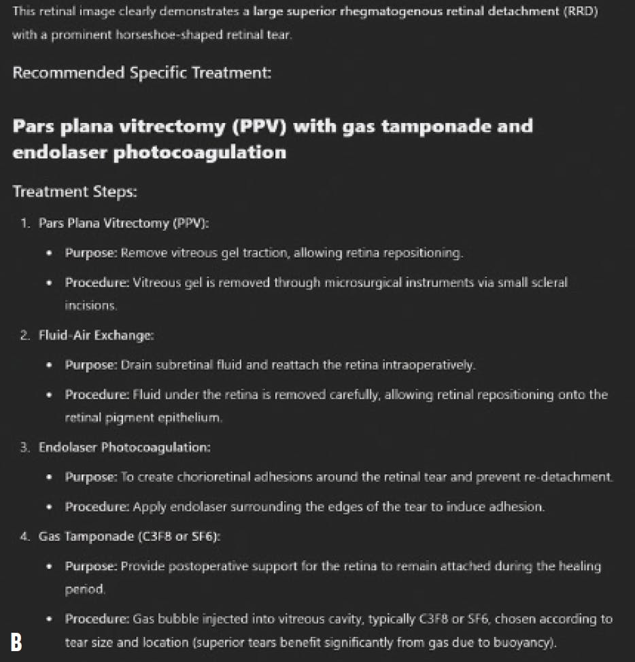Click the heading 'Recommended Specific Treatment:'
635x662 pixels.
pos(141,72)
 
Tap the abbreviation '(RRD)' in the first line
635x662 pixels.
pos(580,13)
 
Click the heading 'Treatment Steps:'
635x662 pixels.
pos(75,192)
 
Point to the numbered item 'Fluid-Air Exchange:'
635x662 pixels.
pos(97,336)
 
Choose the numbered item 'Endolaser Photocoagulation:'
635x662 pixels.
pos(124,447)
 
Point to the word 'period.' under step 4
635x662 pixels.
pos(85,590)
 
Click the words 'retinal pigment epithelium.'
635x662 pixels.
pos(143,418)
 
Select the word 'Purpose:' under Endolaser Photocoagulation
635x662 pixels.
pos(91,477)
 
